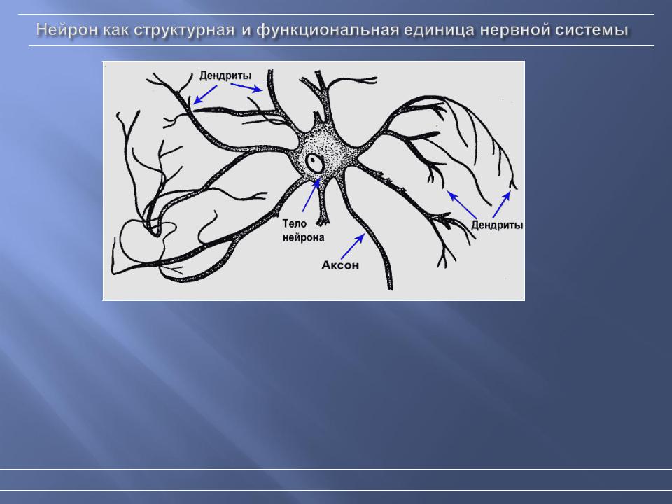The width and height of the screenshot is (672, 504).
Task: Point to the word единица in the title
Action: coord(439,31)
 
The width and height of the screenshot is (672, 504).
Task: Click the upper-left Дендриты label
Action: coord(225,76)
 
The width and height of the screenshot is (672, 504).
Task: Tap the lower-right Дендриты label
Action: coord(497,225)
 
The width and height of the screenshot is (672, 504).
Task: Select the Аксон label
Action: coord(340,265)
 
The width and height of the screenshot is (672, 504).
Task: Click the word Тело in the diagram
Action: coord(295,223)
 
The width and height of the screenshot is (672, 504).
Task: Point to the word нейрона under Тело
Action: coord(303,237)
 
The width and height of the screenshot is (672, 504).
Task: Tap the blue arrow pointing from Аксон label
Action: coord(353,246)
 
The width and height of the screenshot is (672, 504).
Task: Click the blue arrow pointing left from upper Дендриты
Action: coord(205,94)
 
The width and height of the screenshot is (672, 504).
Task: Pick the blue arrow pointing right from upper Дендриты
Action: coord(246,87)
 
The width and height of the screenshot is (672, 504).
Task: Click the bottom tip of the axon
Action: coord(390,289)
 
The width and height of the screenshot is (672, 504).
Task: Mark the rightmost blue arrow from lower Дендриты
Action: coord(501,204)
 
